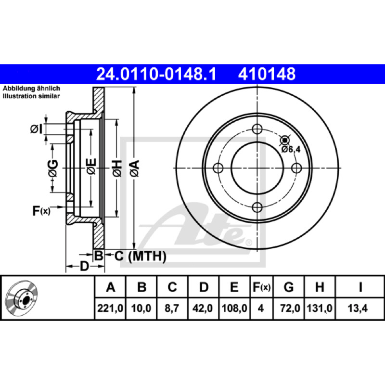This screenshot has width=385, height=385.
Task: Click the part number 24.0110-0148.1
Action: pos(156,74)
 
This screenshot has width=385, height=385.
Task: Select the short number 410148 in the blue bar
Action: pos(267,74)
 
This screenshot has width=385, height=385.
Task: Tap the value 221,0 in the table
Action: pos(110,308)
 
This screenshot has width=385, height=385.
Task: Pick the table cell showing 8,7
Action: pos(172,308)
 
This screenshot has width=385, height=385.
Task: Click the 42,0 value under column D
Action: pos(203,308)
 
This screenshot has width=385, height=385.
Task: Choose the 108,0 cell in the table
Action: pos(234,308)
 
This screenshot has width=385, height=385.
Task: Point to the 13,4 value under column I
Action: pos(358,308)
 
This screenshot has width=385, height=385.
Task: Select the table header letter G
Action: pos(289,287)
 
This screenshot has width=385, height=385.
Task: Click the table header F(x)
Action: pos(261,287)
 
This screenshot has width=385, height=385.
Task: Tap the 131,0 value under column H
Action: pos(320,308)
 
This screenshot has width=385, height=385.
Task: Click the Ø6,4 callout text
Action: pos(291,149)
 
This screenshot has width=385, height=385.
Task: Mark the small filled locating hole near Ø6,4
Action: pos(285,140)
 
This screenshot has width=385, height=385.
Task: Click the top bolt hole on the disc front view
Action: pos(257,129)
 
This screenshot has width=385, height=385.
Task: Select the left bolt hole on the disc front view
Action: pos(218,168)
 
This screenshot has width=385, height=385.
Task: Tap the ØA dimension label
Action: pos(135,168)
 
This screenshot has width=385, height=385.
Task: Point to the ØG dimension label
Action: pos(53,168)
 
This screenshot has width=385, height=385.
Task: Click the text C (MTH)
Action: pos(141,256)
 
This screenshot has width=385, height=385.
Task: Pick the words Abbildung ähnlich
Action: pos(31,89)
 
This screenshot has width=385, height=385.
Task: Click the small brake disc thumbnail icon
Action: pos(22,297)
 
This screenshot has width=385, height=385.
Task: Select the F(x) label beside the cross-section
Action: pos(41,211)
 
